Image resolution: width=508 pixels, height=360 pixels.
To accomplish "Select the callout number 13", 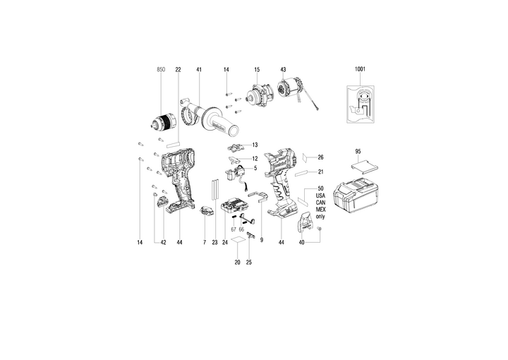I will click(255, 145).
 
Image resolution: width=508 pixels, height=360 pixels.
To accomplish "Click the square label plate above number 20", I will click(241, 241).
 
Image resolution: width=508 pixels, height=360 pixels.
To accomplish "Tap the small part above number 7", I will click(206, 212).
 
